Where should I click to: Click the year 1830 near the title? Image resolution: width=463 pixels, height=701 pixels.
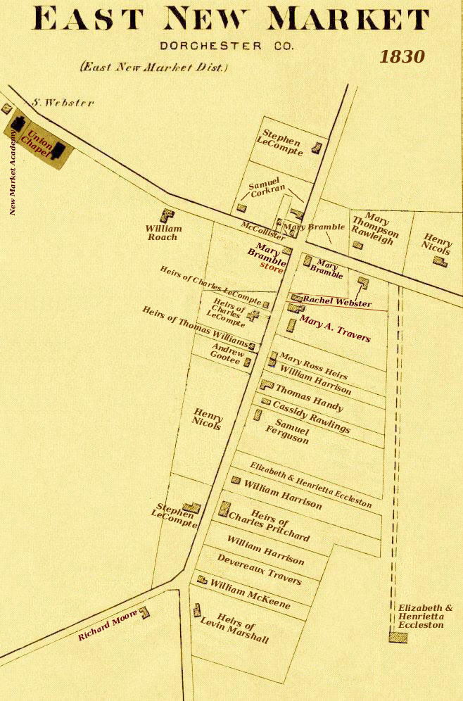[x=402, y=56]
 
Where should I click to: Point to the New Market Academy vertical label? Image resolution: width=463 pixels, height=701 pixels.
[x=13, y=172]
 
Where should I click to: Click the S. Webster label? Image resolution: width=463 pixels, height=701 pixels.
[x=63, y=103]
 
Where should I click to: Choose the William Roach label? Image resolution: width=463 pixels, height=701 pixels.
[x=163, y=233]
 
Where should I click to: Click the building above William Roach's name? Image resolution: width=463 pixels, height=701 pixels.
[x=167, y=215]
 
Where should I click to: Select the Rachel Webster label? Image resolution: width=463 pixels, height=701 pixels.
[x=337, y=302]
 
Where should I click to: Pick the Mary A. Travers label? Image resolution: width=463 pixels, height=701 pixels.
[x=335, y=329]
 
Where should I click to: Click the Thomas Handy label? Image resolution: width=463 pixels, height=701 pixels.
[x=309, y=398]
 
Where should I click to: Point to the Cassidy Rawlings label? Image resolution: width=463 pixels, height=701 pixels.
[x=310, y=417]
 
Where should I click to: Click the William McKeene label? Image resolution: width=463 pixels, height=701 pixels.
[x=250, y=589]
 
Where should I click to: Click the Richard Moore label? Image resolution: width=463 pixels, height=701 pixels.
[x=107, y=626]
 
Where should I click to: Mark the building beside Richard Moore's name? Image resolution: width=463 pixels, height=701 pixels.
[x=144, y=612]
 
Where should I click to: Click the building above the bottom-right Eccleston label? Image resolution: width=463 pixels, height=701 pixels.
[x=398, y=637]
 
